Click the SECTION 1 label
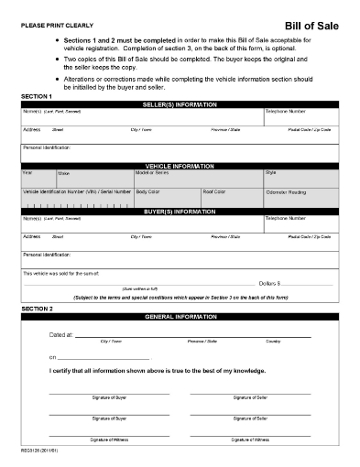click(x=37, y=95)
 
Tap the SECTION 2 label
click(x=37, y=309)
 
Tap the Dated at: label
click(x=61, y=335)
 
